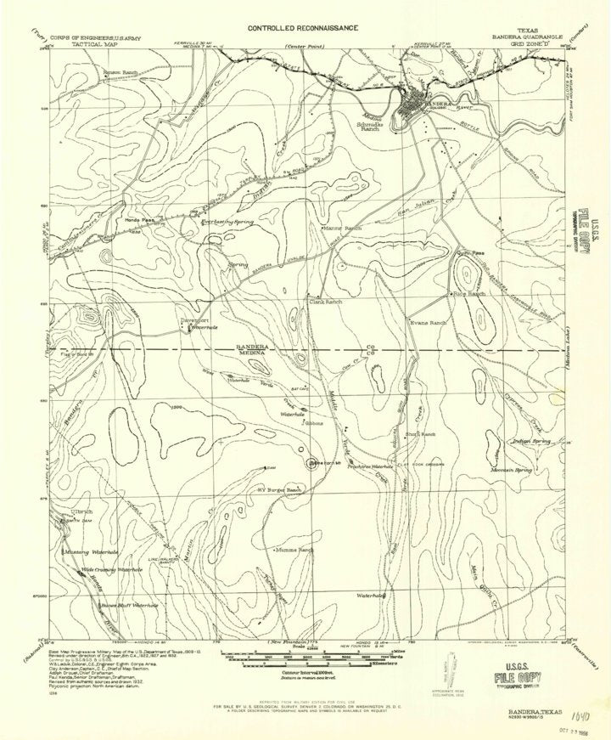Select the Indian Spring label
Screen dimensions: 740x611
click(x=533, y=442)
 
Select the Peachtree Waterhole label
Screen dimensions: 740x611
click(x=370, y=466)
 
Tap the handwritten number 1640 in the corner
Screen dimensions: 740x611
click(x=555, y=695)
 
